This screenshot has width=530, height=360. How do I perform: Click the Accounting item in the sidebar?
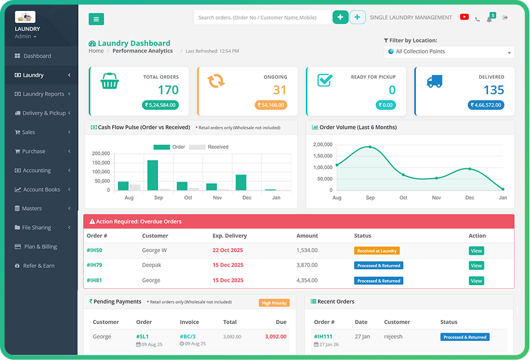pyautogui.click(x=37, y=170)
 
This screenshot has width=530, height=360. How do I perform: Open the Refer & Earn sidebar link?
pyautogui.click(x=39, y=265)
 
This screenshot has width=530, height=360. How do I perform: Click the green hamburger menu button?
pyautogui.click(x=96, y=19)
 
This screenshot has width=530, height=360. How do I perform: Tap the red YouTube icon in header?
pyautogui.click(x=464, y=17)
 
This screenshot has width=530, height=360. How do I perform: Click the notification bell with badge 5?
pyautogui.click(x=489, y=18)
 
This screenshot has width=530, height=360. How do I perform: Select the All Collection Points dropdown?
pyautogui.click(x=449, y=51)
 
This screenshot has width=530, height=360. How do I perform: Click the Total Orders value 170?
pyautogui.click(x=168, y=90)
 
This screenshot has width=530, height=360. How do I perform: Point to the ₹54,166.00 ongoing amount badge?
pyautogui.click(x=271, y=105)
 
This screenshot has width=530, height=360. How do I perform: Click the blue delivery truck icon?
pyautogui.click(x=434, y=81)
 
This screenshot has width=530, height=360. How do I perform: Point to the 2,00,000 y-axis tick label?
pyautogui.click(x=322, y=145)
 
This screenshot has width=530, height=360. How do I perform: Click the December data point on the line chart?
pyautogui.click(x=470, y=169)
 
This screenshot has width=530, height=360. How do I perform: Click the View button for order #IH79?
pyautogui.click(x=476, y=265)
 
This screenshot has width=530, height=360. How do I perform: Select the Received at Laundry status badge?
pyautogui.click(x=376, y=251)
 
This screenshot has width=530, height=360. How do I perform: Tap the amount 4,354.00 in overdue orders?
pyautogui.click(x=307, y=280)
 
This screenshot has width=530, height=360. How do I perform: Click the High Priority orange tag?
pyautogui.click(x=274, y=303)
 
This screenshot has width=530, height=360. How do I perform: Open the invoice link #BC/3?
pyautogui.click(x=187, y=337)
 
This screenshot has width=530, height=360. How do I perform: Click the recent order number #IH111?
pyautogui.click(x=323, y=337)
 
